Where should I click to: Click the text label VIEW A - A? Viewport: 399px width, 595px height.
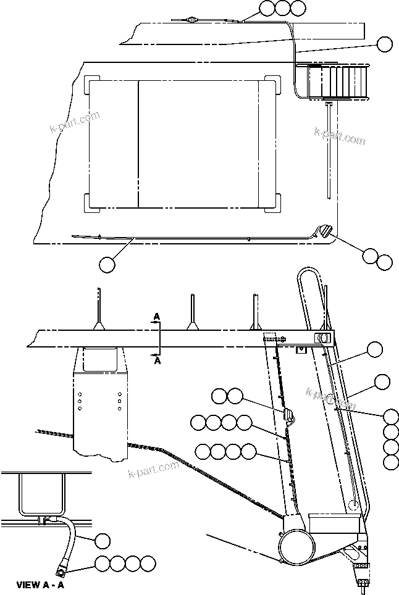tap(40, 583)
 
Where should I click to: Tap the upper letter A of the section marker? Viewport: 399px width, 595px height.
tap(157, 316)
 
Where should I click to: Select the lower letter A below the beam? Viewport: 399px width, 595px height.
tap(157, 362)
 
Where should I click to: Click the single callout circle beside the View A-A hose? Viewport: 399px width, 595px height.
tap(103, 541)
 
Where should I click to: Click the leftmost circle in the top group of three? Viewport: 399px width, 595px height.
tap(267, 8)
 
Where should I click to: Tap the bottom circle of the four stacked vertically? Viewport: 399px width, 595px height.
tap(390, 462)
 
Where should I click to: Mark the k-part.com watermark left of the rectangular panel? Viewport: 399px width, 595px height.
tap(74, 122)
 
